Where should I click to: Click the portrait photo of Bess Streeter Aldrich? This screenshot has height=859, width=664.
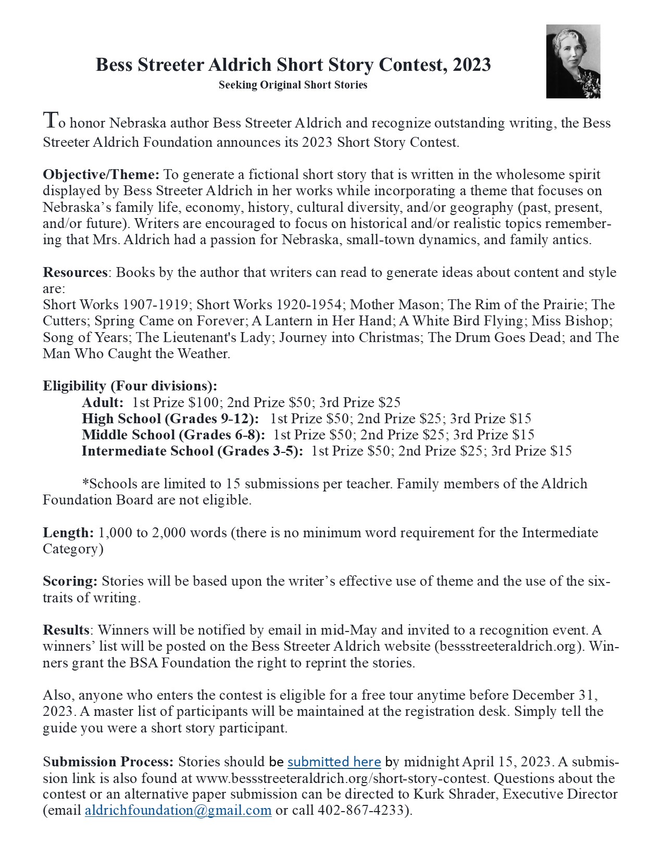click(573, 61)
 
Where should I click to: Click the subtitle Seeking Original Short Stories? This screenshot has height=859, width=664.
click(293, 85)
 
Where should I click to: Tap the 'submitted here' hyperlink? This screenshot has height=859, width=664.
click(334, 762)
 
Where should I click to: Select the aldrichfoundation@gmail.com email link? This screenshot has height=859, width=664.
click(178, 811)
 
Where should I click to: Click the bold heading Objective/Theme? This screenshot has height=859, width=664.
click(103, 174)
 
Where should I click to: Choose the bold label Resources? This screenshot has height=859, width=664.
click(75, 272)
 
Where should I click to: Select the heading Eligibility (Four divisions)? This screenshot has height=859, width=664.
click(130, 386)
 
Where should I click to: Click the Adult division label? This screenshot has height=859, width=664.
click(103, 402)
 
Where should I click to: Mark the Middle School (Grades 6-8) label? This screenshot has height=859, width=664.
click(173, 435)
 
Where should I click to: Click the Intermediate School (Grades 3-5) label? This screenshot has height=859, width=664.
click(192, 451)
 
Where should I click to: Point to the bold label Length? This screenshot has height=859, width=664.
click(68, 533)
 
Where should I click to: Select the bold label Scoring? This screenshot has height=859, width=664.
click(70, 581)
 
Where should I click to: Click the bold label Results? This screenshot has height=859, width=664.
click(66, 630)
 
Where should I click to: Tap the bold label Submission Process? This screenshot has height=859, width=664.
click(108, 762)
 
